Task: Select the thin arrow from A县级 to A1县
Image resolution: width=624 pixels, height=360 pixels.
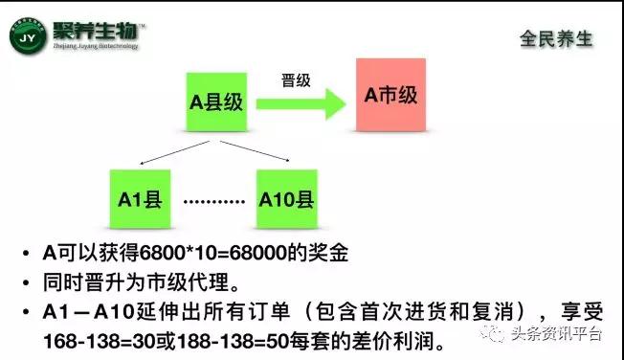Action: tap(170, 151)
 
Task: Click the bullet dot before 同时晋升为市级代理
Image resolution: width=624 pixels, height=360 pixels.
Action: tap(23, 284)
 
